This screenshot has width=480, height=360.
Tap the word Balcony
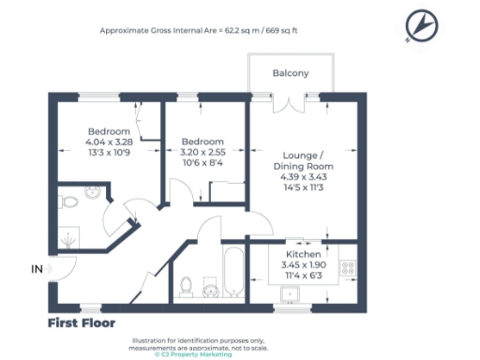click(x=290, y=72)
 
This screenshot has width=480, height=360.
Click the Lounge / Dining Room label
click(x=308, y=160)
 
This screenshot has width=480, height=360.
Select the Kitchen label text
click(x=304, y=254)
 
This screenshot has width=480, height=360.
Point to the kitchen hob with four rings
click(x=347, y=267)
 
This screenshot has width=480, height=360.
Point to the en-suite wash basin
click(x=92, y=191)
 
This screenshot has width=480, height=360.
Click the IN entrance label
click(x=37, y=269)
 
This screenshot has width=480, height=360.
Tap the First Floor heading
click(x=82, y=323)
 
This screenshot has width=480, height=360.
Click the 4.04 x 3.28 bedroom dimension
click(x=109, y=142)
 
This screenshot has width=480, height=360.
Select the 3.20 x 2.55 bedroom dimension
click(x=202, y=153)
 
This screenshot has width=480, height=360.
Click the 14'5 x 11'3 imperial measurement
click(x=308, y=187)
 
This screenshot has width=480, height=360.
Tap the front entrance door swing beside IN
click(x=63, y=269)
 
